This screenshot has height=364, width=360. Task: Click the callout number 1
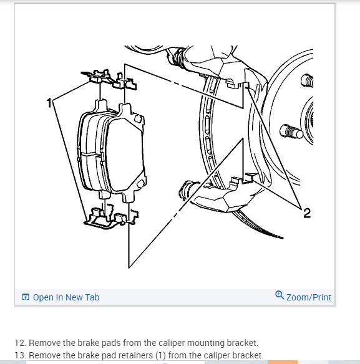(49, 103)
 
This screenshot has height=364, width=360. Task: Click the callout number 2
(307, 213)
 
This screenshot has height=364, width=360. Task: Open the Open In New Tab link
(66, 297)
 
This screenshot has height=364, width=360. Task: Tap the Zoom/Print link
(309, 297)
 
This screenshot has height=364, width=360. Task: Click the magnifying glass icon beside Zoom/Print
(280, 295)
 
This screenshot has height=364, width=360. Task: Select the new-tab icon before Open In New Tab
(26, 297)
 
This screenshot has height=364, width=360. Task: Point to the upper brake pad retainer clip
(109, 80)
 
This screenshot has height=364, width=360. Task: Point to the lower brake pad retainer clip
(111, 218)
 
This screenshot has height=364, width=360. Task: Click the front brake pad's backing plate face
(125, 154)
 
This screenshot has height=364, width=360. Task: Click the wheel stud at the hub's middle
(291, 132)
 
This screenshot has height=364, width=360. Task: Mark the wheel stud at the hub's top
(307, 81)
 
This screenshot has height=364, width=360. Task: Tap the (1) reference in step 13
(160, 355)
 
